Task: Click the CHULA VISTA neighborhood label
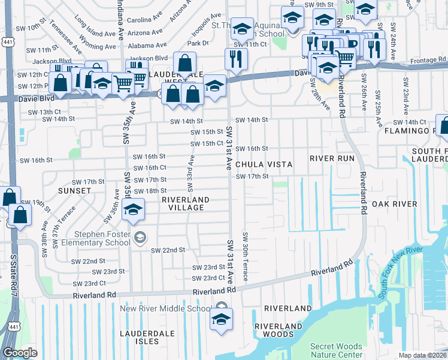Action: (264, 164)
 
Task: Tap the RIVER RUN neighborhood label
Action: (332, 158)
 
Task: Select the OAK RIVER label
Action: (394, 205)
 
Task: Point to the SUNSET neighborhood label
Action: (74, 190)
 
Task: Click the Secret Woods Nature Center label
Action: (336, 350)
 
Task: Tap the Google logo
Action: (19, 353)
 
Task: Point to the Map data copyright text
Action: (422, 355)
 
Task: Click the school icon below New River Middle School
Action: (221, 319)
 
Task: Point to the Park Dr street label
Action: (197, 43)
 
